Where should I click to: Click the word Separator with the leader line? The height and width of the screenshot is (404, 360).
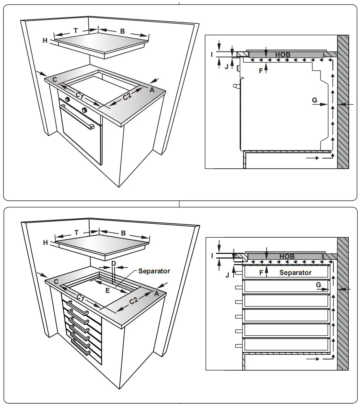(x=154, y=271)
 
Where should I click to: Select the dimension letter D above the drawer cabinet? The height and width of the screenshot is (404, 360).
(x=114, y=263)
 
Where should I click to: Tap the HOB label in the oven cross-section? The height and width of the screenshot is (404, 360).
(x=283, y=55)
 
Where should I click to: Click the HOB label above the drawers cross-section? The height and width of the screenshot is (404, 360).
(x=287, y=257)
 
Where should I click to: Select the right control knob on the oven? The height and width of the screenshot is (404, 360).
(x=84, y=110)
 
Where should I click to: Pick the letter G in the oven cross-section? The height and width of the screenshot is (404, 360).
(x=314, y=100)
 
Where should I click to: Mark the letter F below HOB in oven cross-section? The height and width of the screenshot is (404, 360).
(x=260, y=71)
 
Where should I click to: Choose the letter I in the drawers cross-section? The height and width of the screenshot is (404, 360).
(x=212, y=256)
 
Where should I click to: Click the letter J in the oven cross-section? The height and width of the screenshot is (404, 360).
(x=226, y=66)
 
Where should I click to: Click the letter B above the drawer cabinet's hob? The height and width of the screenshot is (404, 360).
(x=123, y=233)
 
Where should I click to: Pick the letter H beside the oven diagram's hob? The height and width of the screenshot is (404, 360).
(x=45, y=40)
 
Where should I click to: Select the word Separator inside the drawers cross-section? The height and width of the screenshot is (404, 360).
(x=295, y=273)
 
